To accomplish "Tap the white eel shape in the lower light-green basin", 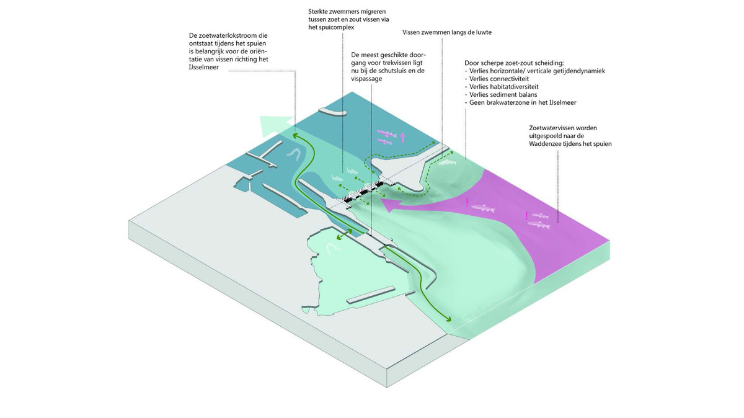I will (334, 248).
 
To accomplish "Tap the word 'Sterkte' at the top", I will (320, 12).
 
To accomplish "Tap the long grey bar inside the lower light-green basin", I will (370, 295).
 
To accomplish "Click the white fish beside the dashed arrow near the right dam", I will (447, 163).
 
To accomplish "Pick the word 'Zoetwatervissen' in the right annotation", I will (547, 128).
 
